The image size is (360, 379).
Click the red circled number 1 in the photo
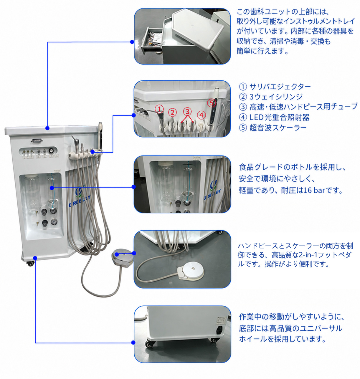159,109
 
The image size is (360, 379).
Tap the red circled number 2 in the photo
172,112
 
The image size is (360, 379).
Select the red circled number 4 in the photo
201,115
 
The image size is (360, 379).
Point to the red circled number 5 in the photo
212,103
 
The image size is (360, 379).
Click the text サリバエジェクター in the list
280,87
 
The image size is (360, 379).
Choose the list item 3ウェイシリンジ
276,97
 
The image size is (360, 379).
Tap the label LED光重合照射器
280,117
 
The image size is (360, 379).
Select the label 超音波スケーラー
278,128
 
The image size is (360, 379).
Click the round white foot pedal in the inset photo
193,269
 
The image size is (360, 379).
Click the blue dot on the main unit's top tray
47,128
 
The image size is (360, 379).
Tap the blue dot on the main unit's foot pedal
117,254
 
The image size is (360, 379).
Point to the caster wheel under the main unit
30,264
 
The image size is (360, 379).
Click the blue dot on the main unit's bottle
52,188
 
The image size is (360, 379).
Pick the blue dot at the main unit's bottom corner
35,258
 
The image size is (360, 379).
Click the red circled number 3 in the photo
187,111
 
